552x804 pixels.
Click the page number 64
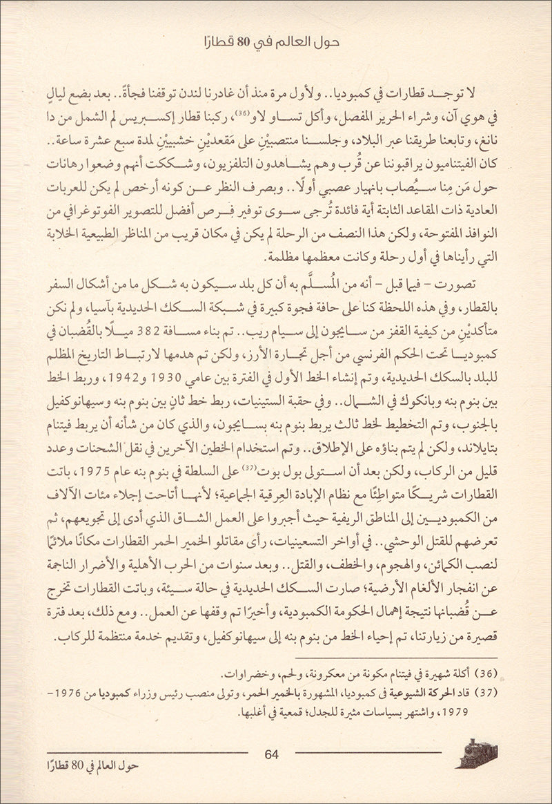271,754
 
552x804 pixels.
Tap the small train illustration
476,754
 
